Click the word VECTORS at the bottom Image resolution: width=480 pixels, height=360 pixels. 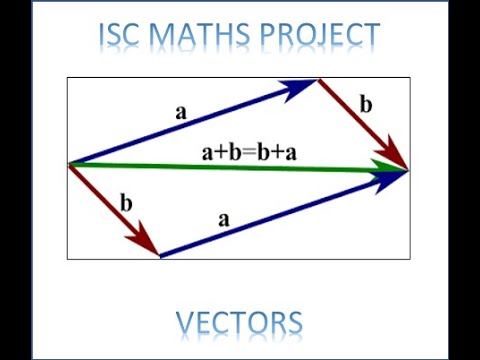[x=239, y=323]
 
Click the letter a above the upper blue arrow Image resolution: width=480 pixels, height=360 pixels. [x=181, y=113]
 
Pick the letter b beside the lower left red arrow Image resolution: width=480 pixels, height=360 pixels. [x=126, y=203]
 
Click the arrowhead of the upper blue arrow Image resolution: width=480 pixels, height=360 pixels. [x=304, y=86]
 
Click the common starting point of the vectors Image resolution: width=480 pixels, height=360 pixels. [x=69, y=164]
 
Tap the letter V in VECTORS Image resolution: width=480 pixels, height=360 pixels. [x=186, y=323]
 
